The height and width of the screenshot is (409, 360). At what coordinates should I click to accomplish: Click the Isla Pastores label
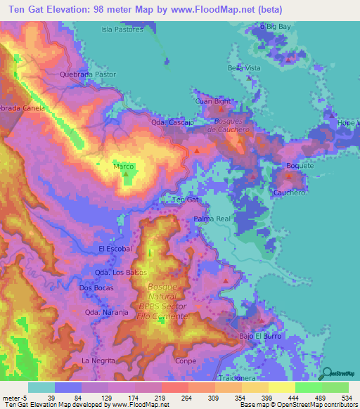122,30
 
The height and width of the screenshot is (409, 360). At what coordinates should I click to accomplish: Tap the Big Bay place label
277,26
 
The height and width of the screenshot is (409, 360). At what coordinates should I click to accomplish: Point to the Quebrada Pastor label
88,74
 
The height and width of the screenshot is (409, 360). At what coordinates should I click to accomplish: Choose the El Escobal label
116,249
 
